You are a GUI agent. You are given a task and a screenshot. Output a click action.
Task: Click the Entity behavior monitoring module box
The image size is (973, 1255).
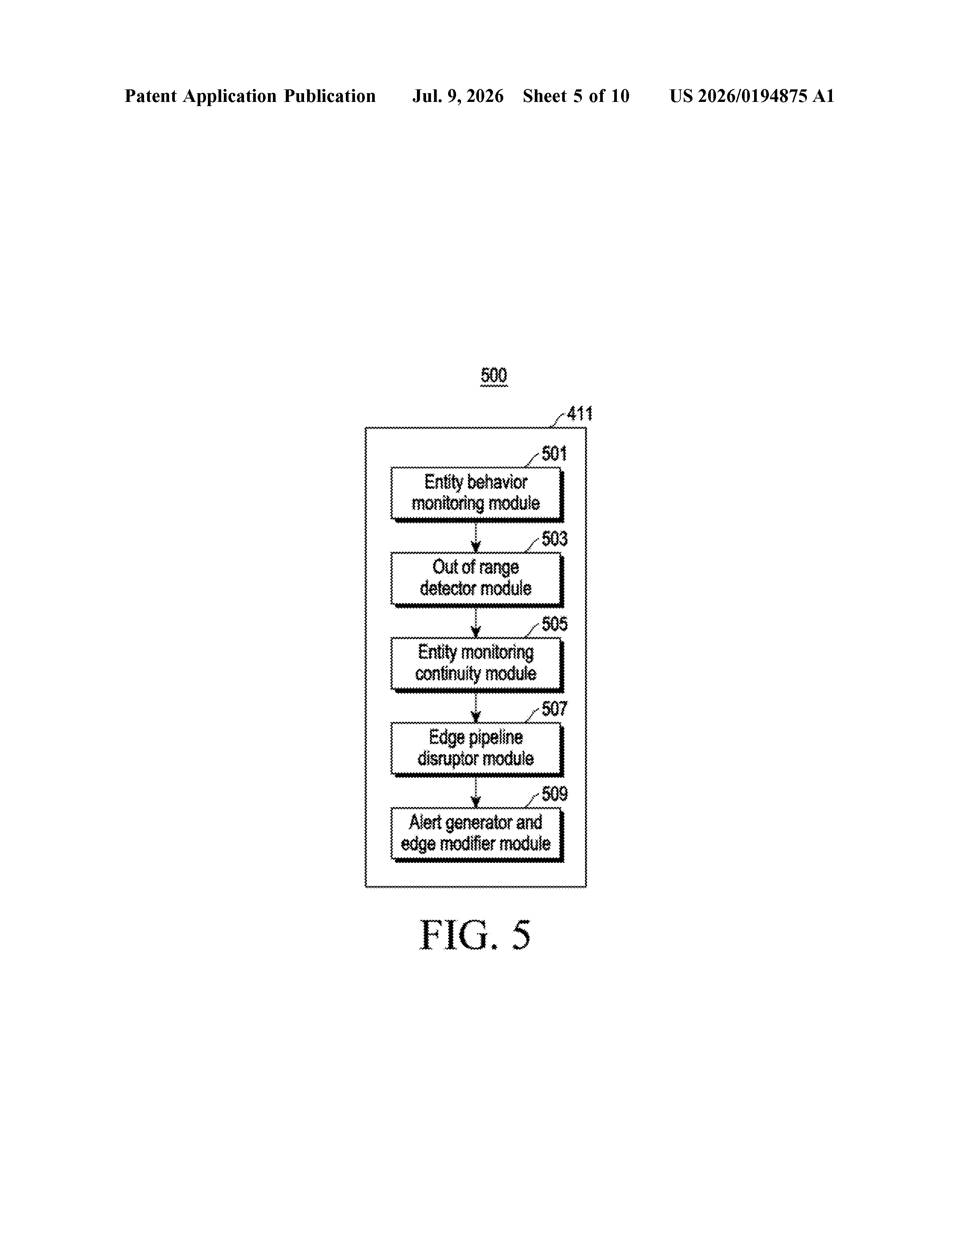click(x=476, y=494)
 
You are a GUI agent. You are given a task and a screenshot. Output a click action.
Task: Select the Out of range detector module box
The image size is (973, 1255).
click(x=476, y=579)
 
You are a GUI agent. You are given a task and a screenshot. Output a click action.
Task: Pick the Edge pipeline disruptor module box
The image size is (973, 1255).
click(x=476, y=749)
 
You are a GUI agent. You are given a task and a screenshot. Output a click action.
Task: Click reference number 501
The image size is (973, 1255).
click(x=554, y=454)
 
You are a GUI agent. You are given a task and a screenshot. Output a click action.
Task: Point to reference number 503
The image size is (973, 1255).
click(x=554, y=539)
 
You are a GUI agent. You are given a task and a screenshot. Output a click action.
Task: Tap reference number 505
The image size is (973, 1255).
click(x=554, y=624)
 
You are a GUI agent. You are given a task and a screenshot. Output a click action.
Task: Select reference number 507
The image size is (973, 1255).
click(x=554, y=709)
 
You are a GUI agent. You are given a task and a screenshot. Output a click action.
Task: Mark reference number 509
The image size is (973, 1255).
click(x=554, y=794)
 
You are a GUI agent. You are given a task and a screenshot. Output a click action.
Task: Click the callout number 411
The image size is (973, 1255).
click(x=580, y=414)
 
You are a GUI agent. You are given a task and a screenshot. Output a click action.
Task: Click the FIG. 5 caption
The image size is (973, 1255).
click(x=475, y=936)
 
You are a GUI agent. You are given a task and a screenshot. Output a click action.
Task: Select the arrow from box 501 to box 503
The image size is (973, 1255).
click(x=475, y=537)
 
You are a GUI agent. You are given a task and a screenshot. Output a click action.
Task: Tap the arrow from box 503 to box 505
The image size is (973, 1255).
click(x=475, y=622)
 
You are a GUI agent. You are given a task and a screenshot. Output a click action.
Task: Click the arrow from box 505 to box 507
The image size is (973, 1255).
click(x=475, y=707)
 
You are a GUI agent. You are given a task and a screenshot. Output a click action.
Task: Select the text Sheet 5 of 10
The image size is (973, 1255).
click(x=576, y=96)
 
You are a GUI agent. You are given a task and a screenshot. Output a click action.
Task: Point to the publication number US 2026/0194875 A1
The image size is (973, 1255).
click(x=752, y=96)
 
